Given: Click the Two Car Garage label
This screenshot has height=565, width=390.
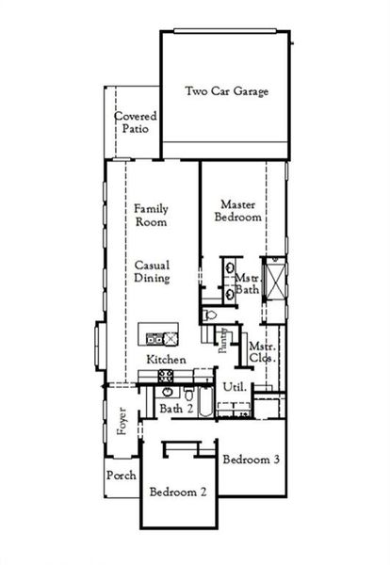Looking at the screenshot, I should click(x=227, y=92).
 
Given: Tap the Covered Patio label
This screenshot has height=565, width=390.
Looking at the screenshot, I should click(x=136, y=123).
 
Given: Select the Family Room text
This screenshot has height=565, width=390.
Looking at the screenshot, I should click(x=151, y=216).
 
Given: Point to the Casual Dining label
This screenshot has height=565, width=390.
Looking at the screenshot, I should click(x=151, y=271).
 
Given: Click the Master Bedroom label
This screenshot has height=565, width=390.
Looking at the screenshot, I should click(x=240, y=210).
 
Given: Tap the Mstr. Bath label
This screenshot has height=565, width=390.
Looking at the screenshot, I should click(x=248, y=284).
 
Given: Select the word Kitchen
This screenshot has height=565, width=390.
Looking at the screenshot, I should click(x=165, y=361).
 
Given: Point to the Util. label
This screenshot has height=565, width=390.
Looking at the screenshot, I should click(x=234, y=387).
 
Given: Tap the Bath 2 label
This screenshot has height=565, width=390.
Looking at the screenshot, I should click(x=175, y=409).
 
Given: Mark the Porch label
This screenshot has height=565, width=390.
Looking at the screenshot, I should click(x=122, y=476).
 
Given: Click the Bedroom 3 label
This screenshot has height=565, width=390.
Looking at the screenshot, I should click(x=251, y=460).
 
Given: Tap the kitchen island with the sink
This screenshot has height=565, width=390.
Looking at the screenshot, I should click(x=158, y=334).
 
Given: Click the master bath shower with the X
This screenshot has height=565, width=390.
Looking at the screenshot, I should click(x=277, y=280).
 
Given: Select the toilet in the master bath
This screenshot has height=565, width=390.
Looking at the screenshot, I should click(x=211, y=315).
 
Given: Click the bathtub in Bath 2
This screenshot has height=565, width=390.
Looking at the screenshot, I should click(x=233, y=409).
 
